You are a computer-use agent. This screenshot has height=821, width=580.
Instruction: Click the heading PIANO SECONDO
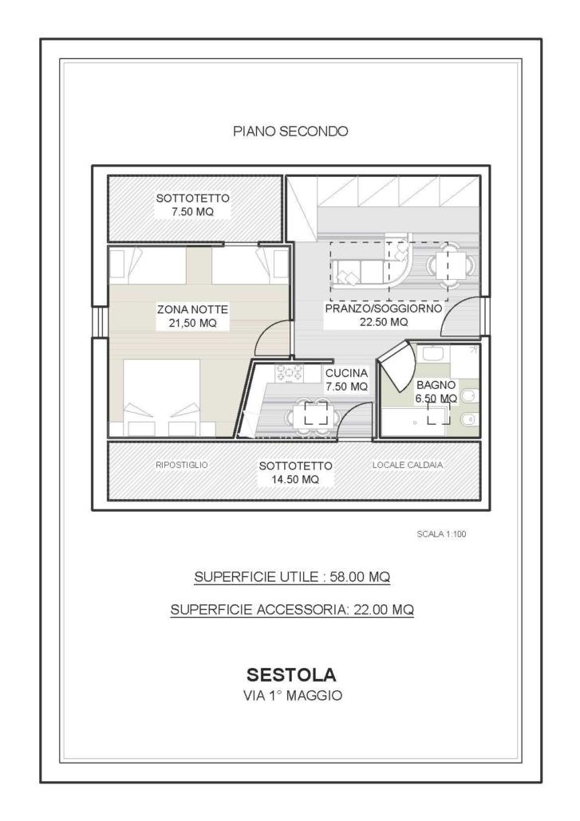290,132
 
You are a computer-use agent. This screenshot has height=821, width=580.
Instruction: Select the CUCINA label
346,373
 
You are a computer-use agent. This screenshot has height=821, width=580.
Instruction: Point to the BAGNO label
436,384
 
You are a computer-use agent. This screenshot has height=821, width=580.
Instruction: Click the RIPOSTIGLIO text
182,464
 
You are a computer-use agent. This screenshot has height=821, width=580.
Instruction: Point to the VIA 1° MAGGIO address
292,696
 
